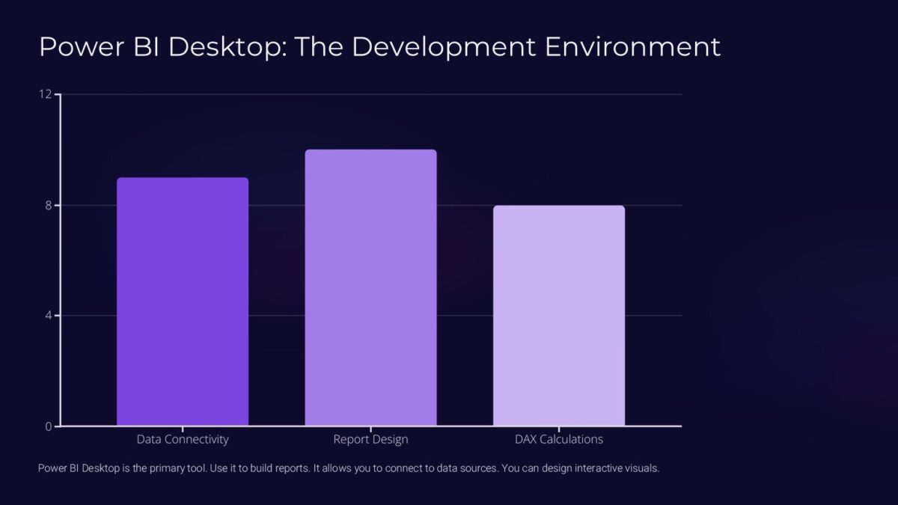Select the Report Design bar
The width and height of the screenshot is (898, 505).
[370, 288]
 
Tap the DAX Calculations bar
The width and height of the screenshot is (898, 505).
[559, 316]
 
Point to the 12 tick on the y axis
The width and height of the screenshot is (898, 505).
[46, 94]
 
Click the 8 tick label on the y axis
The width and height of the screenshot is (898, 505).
[48, 205]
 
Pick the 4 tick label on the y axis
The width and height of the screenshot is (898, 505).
[48, 316]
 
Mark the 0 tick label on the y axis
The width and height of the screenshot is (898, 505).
[48, 426]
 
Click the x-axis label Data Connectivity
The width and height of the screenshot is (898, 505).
[183, 439]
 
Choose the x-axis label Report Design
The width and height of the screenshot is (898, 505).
[370, 439]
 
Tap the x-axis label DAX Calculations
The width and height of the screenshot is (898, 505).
[559, 439]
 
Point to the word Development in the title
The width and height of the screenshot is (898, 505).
[446, 46]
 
